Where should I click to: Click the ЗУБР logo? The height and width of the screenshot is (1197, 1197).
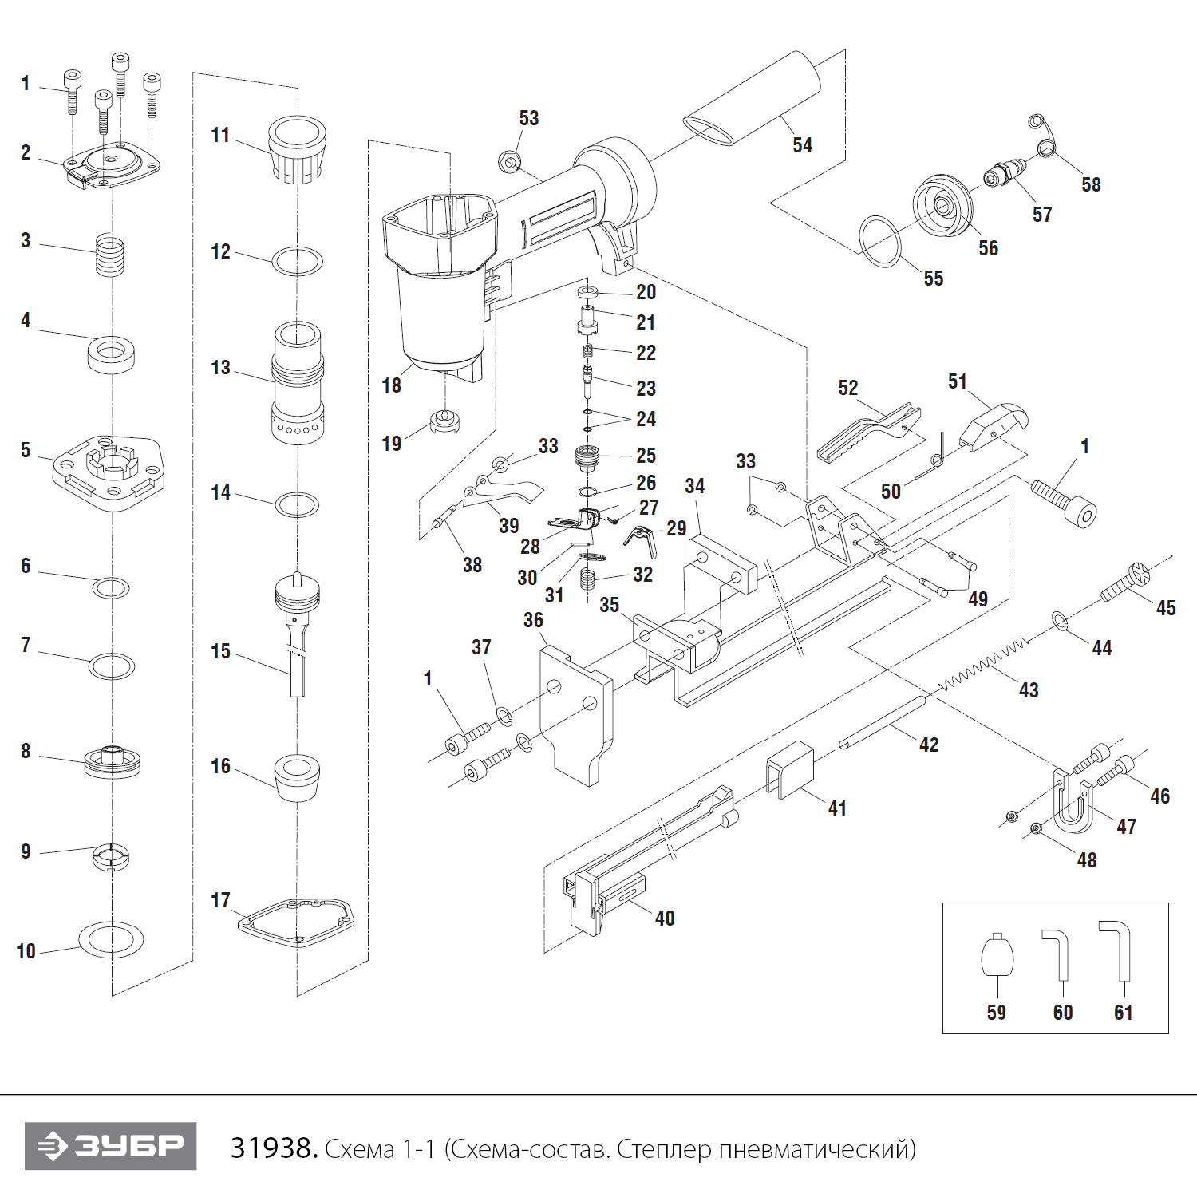coord(110,1146)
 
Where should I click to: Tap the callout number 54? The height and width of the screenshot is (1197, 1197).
coord(802,145)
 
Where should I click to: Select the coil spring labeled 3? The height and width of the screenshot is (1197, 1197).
coord(110,254)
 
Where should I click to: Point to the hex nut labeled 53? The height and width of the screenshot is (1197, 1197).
coord(508,161)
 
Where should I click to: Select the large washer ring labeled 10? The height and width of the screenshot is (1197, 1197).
coord(111,939)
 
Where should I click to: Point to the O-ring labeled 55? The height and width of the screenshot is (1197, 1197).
coord(879,242)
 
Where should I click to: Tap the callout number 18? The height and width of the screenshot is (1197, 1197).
coord(391,385)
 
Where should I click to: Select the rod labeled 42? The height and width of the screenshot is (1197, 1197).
coord(882,723)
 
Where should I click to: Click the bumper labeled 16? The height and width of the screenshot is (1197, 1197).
coord(297,776)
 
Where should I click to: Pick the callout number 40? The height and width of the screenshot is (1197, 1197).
coord(665,918)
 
